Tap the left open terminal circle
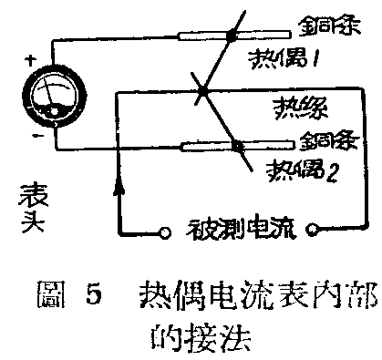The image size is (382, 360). tap(165, 231)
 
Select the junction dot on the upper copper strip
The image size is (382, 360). tap(232, 36)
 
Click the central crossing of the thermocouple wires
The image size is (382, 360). tap(201, 91)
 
